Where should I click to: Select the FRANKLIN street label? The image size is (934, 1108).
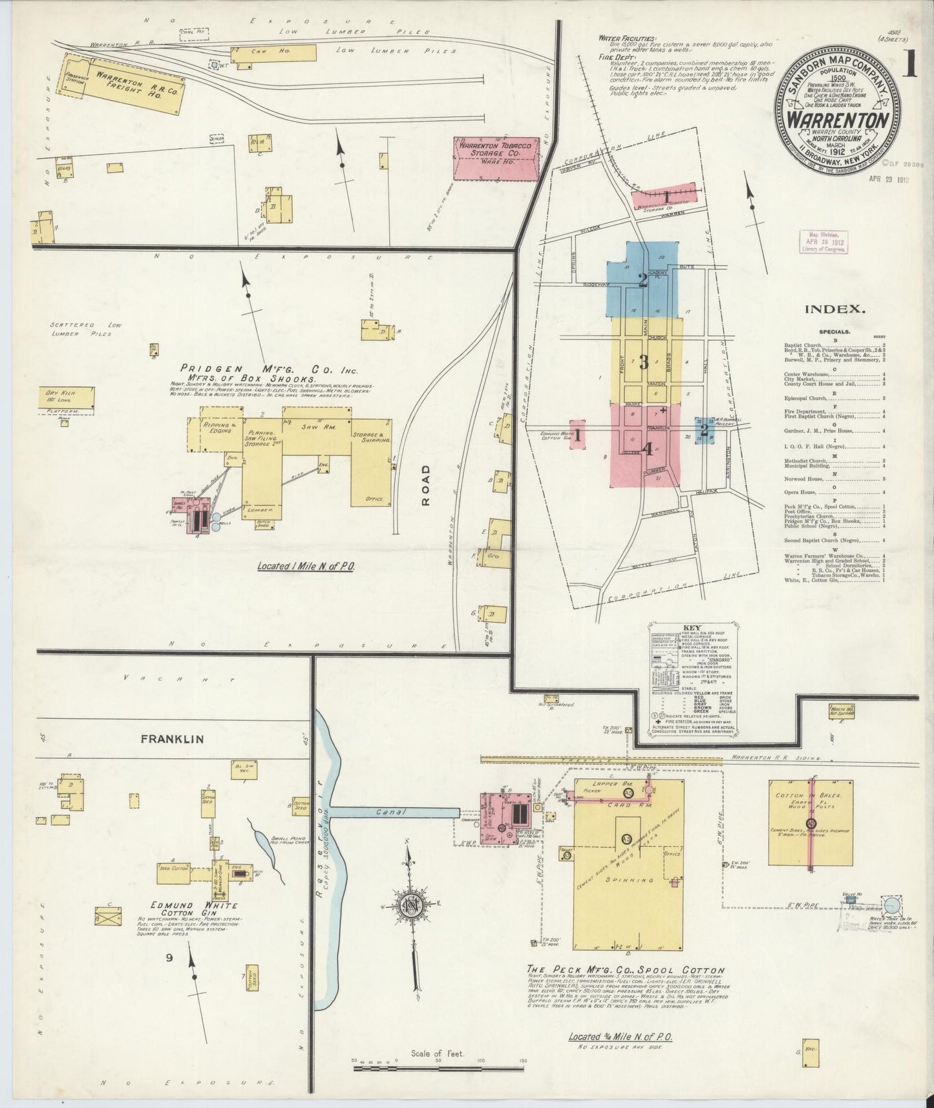pos(173,738)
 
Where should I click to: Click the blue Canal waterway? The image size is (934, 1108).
pos(395,812)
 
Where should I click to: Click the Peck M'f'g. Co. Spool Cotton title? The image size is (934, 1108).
pos(626,970)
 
